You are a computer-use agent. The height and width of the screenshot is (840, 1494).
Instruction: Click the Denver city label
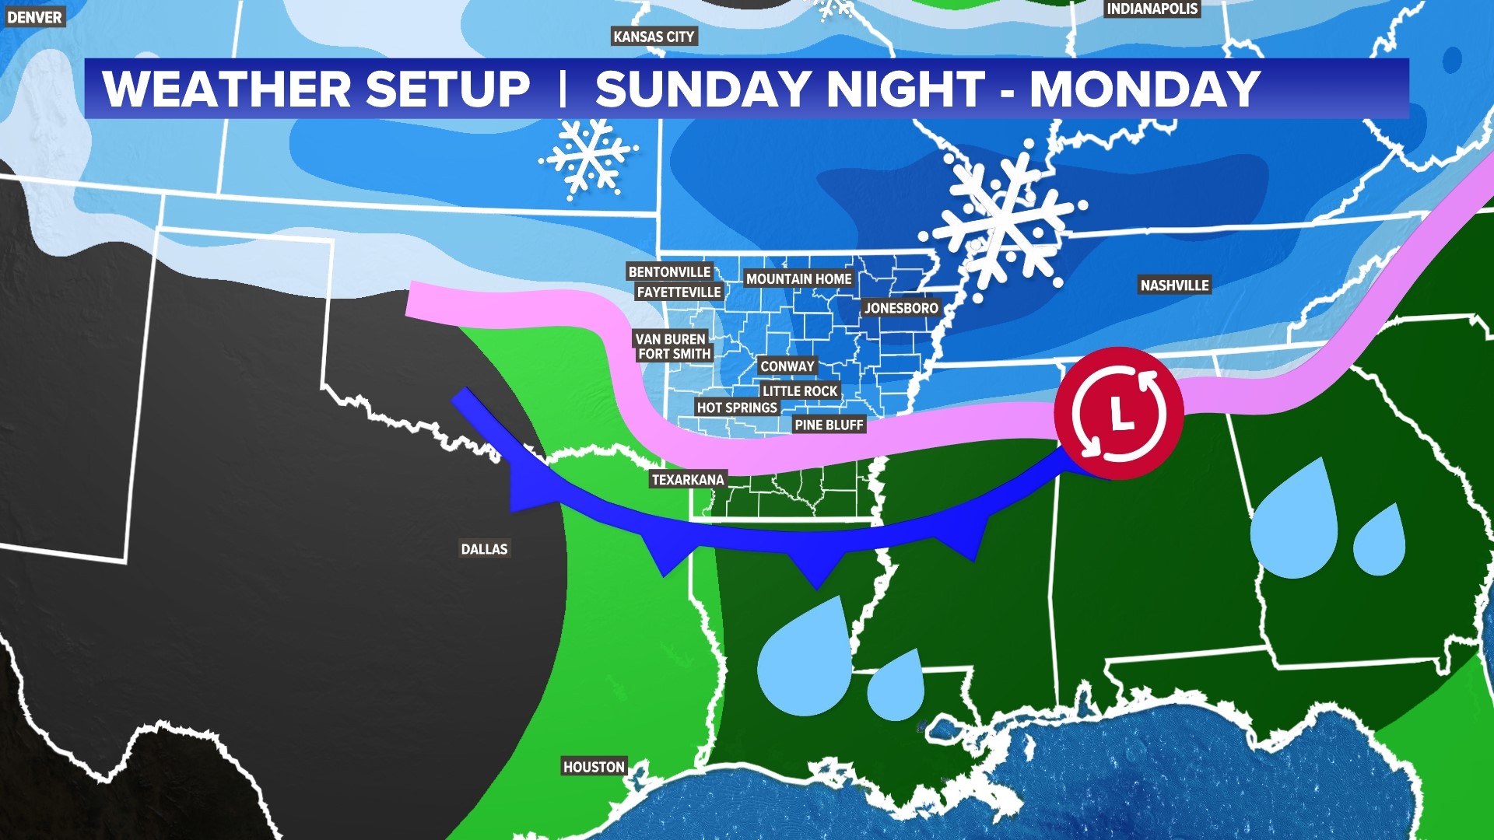click(34, 16)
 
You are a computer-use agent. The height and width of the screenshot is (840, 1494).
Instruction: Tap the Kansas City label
click(654, 37)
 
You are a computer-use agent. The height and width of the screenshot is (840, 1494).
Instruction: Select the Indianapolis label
click(1152, 9)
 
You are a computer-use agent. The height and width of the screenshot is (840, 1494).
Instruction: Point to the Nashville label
click(1174, 285)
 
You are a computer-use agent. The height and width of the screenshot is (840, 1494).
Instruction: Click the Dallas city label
click(484, 549)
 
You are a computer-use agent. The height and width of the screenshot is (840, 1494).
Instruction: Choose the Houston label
click(594, 767)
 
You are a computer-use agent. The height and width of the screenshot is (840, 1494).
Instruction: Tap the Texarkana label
click(688, 480)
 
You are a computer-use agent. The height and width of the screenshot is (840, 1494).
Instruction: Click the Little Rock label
click(800, 391)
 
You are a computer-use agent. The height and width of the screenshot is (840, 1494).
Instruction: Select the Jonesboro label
click(901, 308)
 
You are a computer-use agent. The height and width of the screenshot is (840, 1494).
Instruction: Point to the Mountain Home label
click(798, 278)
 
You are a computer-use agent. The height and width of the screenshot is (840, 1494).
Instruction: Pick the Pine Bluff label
click(829, 425)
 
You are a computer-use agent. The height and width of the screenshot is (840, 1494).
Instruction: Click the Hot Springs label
click(737, 408)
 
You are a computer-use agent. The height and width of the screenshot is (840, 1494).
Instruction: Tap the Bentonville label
click(669, 271)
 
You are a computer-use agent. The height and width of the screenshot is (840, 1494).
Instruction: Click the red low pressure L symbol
click(1119, 413)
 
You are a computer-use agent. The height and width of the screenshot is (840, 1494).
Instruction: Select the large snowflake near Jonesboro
click(1004, 220)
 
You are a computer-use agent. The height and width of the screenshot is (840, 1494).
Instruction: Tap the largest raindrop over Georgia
click(1293, 525)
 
